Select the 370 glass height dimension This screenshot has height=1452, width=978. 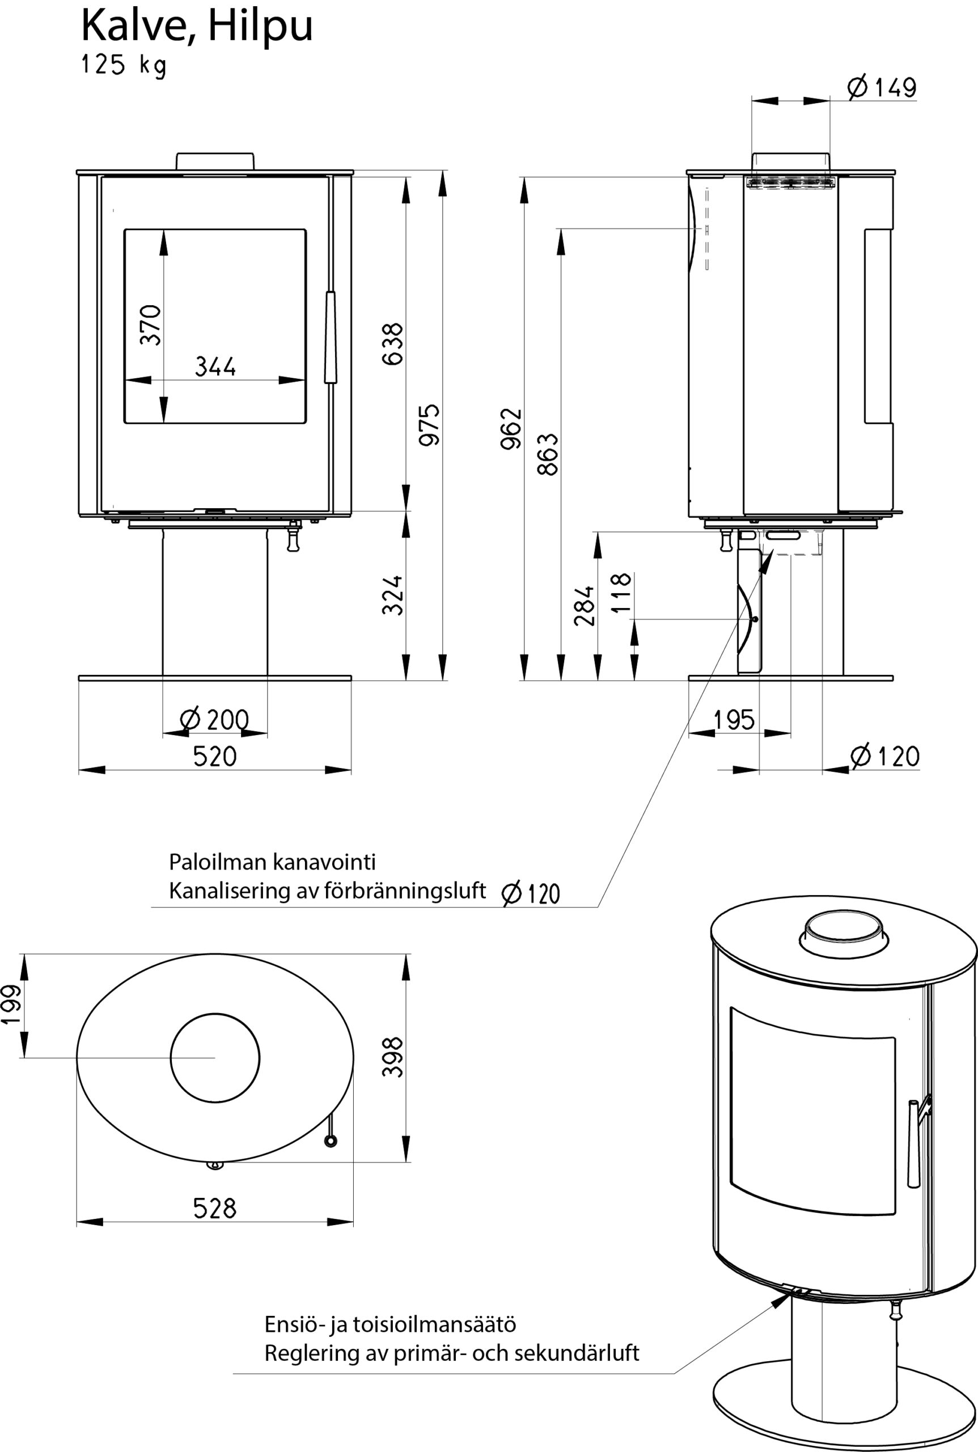coord(150,324)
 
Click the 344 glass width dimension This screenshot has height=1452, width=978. coord(215,366)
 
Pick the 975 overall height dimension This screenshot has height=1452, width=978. coord(429,425)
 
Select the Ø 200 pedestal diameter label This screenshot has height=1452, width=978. coord(214,720)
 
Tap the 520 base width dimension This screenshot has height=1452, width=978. coord(214,756)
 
